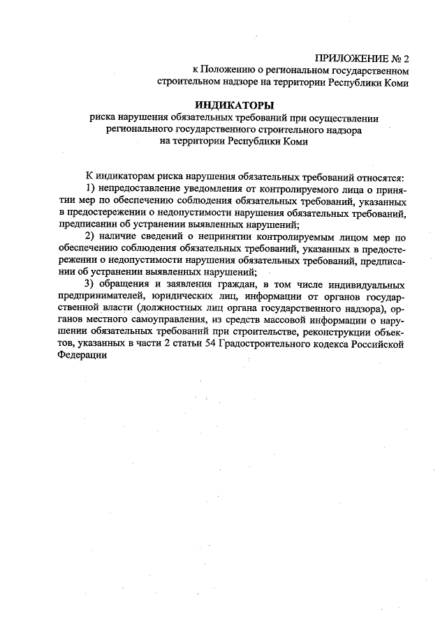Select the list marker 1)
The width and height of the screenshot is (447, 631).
(91, 189)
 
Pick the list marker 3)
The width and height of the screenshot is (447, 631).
(91, 284)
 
